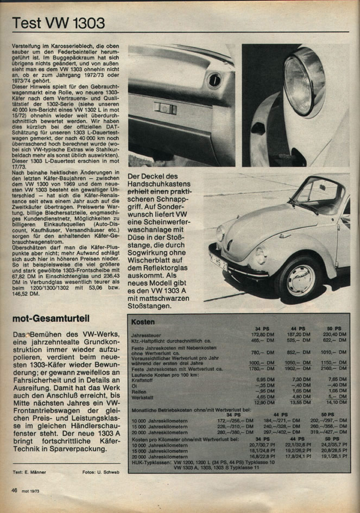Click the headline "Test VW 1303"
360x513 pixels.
[59, 23]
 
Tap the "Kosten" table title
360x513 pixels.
[143, 322]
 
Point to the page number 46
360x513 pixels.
[15, 490]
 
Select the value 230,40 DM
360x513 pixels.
[333, 335]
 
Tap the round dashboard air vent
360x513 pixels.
[214, 81]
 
